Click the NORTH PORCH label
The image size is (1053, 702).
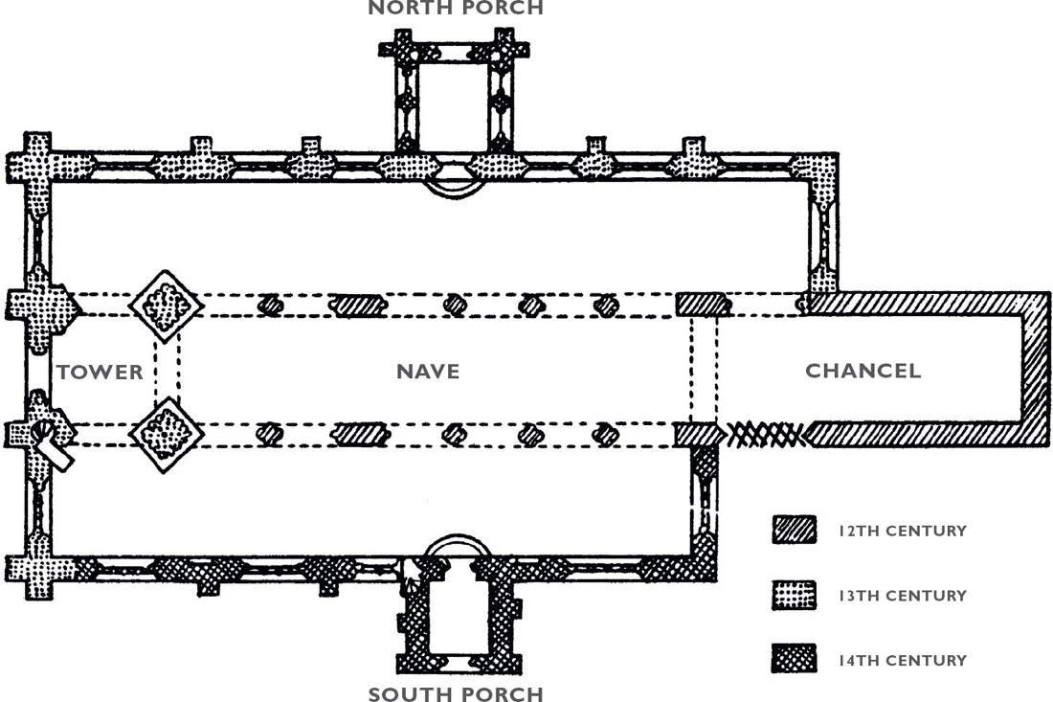click(456, 8)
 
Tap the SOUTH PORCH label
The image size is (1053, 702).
click(456, 694)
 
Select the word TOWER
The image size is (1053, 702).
click(101, 373)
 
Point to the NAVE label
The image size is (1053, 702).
click(428, 372)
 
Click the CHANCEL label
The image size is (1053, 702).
click(863, 371)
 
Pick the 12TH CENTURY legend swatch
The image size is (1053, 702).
click(794, 530)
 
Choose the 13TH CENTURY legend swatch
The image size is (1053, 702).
click(794, 595)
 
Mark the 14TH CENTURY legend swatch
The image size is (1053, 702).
click(794, 659)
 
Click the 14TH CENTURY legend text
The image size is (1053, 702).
click(903, 661)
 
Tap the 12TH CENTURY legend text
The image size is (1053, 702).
click(903, 531)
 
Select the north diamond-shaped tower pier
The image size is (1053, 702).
click(166, 306)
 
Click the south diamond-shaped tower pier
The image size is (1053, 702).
click(166, 434)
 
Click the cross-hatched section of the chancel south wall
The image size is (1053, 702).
click(767, 435)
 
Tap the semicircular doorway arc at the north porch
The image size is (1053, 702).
click(455, 192)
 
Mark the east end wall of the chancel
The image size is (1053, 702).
click(1036, 369)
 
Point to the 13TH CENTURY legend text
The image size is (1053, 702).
click(903, 595)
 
